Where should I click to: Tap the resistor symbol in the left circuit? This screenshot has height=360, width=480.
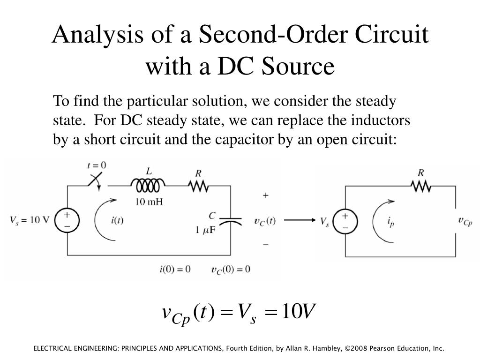pyautogui.click(x=198, y=187)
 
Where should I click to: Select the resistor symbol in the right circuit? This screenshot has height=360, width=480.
pyautogui.click(x=421, y=187)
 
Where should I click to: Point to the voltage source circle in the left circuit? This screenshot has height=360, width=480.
pyautogui.click(x=67, y=220)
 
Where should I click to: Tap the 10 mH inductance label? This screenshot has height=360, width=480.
pyautogui.click(x=149, y=202)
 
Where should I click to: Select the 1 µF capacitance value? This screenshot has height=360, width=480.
pyautogui.click(x=206, y=230)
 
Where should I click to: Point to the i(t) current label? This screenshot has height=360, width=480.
pyautogui.click(x=117, y=221)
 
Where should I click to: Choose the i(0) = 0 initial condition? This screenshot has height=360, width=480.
pyautogui.click(x=175, y=269)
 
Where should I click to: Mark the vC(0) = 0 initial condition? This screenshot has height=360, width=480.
pyautogui.click(x=231, y=270)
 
